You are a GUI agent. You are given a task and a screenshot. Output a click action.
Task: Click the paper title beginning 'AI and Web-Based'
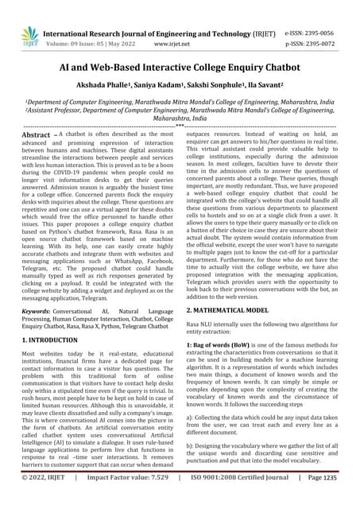180,69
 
